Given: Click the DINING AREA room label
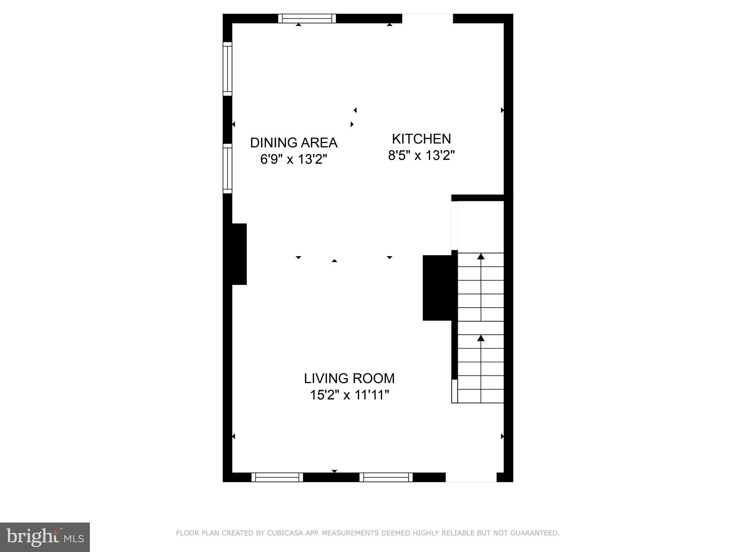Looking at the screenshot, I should (294, 143).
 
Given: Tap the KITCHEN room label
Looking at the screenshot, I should (421, 139).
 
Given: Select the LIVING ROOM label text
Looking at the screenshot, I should (349, 378).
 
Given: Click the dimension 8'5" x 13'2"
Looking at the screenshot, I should (421, 156).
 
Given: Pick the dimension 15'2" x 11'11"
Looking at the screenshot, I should (349, 395).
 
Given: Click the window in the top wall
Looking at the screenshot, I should (307, 18).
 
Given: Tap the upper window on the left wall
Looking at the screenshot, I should (227, 69).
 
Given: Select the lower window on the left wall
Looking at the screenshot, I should (227, 168).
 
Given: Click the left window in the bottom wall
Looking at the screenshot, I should (277, 477).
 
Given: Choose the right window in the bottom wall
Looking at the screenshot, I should (386, 477).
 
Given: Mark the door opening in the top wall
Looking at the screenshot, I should (427, 18).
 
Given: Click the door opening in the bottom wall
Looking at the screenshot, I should (471, 477).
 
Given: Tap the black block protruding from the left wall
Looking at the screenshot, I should (239, 254).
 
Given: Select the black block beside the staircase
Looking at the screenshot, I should (437, 287).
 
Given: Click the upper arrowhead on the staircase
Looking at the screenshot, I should (481, 256).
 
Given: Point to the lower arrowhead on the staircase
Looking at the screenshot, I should (481, 338).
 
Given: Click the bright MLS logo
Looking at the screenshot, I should (45, 537).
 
